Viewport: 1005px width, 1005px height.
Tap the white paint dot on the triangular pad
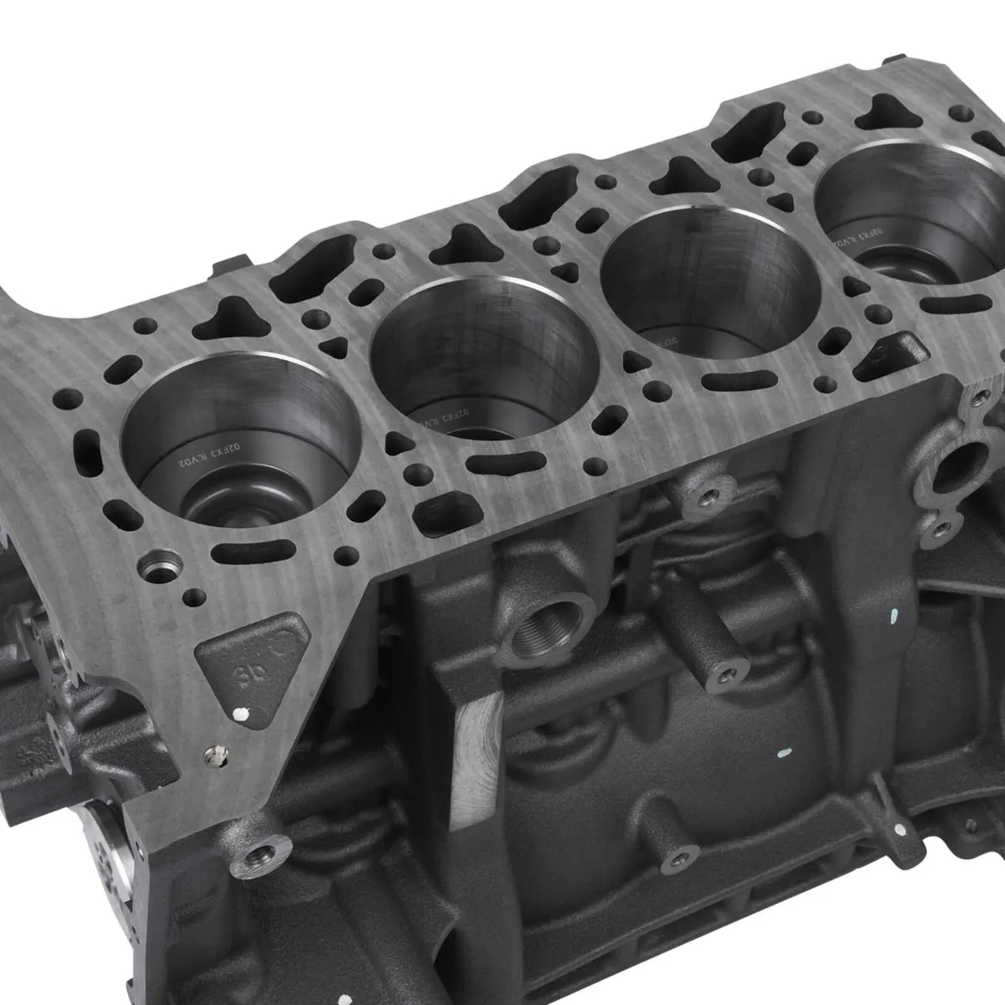click(x=242, y=714)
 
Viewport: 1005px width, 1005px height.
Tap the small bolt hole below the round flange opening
click(x=945, y=528)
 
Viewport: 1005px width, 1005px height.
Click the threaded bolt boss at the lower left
click(x=255, y=854)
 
